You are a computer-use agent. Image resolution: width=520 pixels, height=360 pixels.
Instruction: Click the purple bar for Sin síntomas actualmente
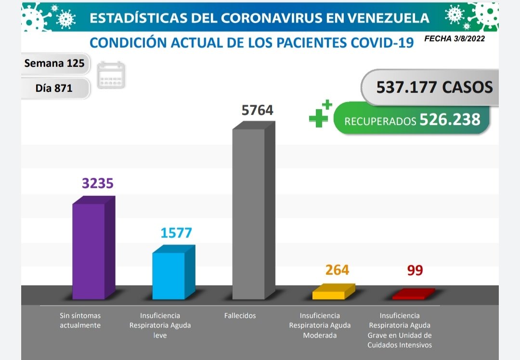pyautogui.click(x=89, y=250)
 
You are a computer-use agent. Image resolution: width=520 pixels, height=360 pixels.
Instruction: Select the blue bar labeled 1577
pyautogui.click(x=169, y=275)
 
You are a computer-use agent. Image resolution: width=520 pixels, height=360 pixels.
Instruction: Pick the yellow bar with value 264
pyautogui.click(x=329, y=294)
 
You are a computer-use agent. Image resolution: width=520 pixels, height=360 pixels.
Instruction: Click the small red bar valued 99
pyautogui.click(x=409, y=296)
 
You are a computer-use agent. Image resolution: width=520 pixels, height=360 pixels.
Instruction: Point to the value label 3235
pyautogui.click(x=98, y=183)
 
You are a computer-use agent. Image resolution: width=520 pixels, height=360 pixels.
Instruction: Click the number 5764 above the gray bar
pyautogui.click(x=257, y=110)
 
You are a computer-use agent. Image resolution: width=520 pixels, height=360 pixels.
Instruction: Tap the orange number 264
pyautogui.click(x=337, y=270)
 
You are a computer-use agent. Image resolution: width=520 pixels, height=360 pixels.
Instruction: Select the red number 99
pyautogui.click(x=415, y=270)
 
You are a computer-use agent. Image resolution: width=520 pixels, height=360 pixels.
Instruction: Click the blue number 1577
pyautogui.click(x=176, y=233)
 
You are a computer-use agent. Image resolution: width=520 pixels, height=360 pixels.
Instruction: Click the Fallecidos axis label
pyautogui.click(x=240, y=316)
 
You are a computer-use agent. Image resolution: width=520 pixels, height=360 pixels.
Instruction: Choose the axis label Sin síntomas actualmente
pyautogui.click(x=80, y=321)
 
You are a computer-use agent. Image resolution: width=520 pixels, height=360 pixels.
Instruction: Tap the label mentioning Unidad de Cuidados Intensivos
pyautogui.click(x=400, y=330)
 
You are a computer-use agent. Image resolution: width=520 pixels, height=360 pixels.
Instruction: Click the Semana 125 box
pyautogui.click(x=54, y=63)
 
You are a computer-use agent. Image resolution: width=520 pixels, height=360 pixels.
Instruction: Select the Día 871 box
pyautogui.click(x=54, y=88)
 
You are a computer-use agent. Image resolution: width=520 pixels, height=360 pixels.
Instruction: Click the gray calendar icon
pyautogui.click(x=111, y=76)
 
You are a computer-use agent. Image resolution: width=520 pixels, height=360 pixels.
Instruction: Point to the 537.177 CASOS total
pyautogui.click(x=434, y=87)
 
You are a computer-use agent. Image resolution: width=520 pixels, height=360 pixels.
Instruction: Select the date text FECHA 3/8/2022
pyautogui.click(x=454, y=39)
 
